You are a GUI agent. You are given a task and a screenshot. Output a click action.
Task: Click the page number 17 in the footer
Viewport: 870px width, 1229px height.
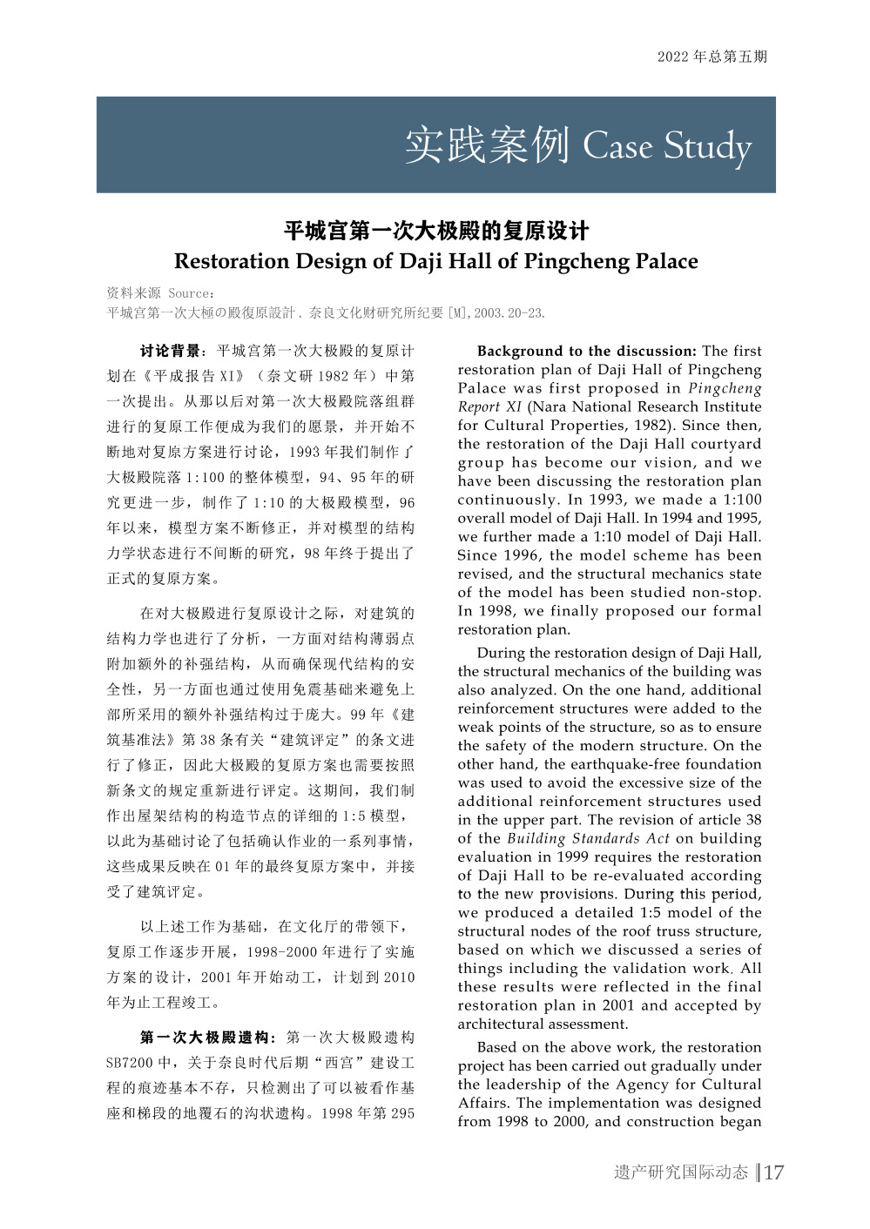(773, 1172)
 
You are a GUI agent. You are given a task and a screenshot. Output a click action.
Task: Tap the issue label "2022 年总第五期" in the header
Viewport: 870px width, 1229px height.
(712, 57)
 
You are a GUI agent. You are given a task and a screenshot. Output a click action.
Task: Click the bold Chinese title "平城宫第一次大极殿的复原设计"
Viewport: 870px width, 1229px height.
(435, 231)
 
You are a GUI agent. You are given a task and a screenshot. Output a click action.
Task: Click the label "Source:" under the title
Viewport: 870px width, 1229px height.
(192, 293)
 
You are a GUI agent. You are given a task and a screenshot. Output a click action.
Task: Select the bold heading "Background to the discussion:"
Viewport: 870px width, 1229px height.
(586, 351)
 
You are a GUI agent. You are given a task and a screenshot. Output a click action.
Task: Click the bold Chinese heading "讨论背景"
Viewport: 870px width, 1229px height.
(171, 351)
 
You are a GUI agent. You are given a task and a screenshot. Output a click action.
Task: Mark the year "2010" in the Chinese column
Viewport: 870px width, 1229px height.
(399, 977)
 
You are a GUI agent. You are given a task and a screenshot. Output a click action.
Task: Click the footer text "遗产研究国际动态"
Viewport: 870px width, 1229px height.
(680, 1172)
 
